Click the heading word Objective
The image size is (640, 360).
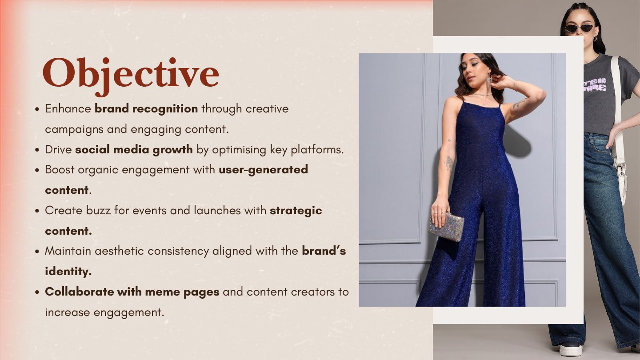[x=131, y=75]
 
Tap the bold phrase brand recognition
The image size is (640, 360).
[x=146, y=109]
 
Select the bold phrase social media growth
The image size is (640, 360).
[x=134, y=150]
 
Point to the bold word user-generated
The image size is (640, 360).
[x=263, y=170]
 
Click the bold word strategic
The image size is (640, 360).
[x=296, y=211]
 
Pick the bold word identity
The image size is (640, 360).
[x=68, y=272]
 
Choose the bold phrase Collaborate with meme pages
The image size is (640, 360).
[x=132, y=292]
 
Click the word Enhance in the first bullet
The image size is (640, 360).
[x=68, y=109]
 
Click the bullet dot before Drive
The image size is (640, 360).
[x=37, y=150]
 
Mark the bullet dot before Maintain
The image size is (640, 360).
[x=37, y=252]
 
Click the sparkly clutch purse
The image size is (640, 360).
[x=446, y=226]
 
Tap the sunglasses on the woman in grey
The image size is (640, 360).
[x=580, y=28]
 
